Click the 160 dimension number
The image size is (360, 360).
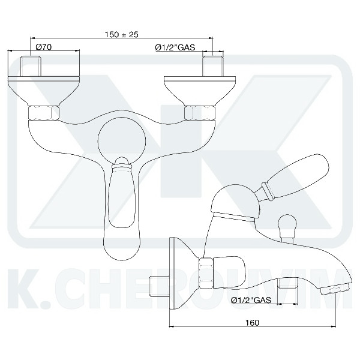tap(252, 323)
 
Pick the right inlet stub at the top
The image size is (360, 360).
tap(214, 65)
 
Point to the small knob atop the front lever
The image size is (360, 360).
tap(122, 161)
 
